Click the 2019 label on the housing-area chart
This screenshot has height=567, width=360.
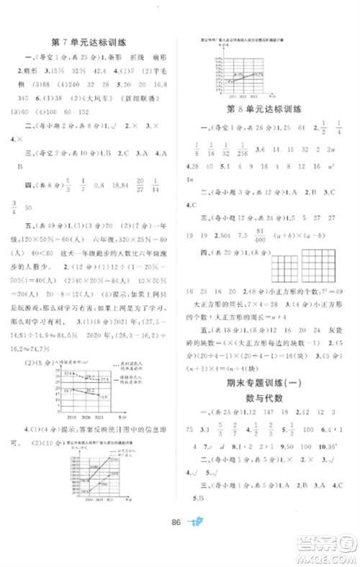(x=59, y=416)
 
